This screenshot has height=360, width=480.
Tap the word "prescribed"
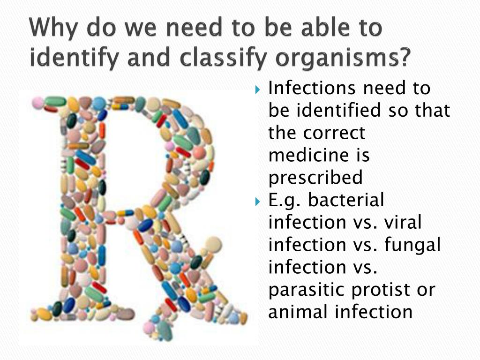315,178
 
